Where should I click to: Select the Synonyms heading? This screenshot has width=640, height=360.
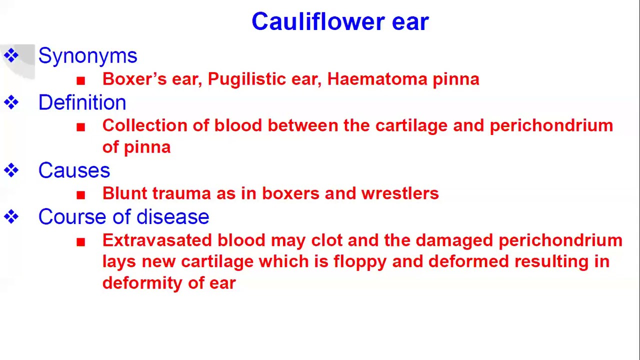pos(87,56)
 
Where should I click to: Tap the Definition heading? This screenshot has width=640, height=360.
pos(82,103)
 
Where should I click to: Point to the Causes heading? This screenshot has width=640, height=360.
pos(74,171)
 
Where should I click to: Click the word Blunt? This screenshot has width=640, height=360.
pos(124,193)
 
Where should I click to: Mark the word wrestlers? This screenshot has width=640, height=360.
pos(400,193)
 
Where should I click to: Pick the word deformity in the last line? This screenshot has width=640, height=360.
pos(142,283)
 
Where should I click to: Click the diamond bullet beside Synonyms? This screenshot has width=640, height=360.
pos(11,55)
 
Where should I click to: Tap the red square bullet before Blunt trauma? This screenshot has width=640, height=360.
pos(81,194)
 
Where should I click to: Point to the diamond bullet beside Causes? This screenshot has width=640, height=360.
pos(11,171)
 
